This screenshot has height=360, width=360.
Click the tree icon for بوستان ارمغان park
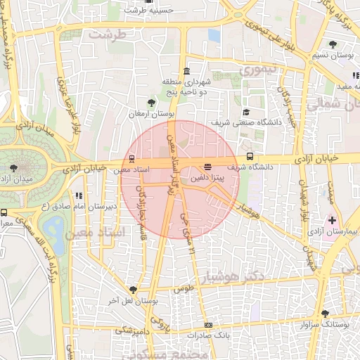tap(151, 103)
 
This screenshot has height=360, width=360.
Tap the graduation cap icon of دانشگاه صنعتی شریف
tap(245, 112)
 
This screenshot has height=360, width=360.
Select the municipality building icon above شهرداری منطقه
tap(186, 72)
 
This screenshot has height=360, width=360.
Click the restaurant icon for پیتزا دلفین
tap(207, 167)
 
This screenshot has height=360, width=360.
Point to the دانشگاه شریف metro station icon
tap(250, 157)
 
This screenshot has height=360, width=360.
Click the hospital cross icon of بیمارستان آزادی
tap(332, 220)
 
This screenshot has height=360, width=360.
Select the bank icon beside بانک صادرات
tap(207, 325)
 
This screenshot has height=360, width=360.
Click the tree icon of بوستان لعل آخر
tap(133, 289)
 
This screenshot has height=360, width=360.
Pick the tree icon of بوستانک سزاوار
tap(324, 314)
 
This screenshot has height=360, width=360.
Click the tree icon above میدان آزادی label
tap(14, 167)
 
